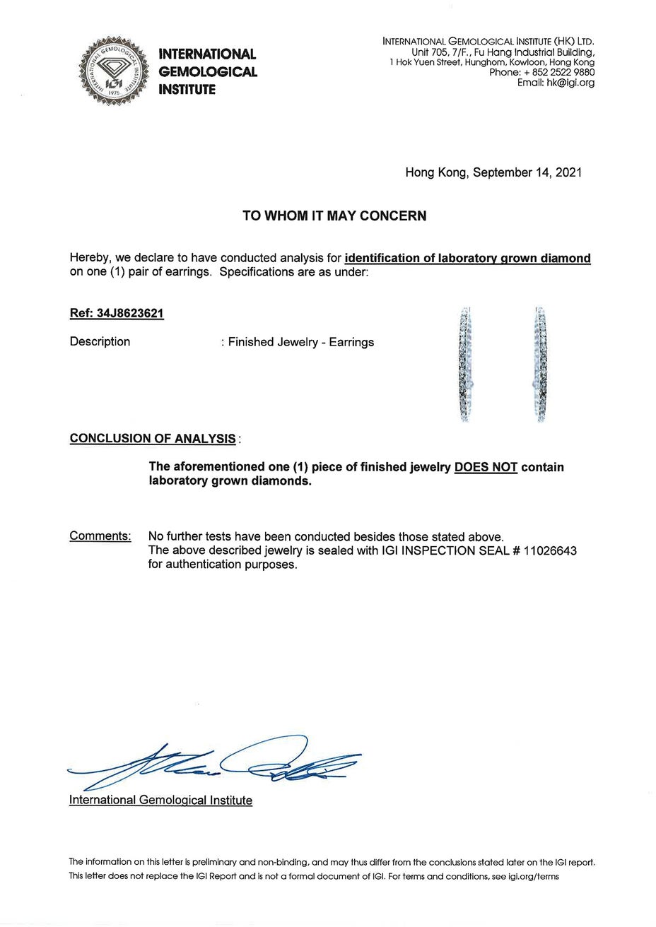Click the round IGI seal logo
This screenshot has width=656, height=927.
tap(114, 71)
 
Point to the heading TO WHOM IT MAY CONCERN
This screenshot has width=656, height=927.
tap(334, 216)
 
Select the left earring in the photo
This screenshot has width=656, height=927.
tap(465, 364)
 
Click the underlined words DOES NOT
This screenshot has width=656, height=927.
tap(486, 468)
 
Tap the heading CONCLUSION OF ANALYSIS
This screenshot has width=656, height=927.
tap(153, 439)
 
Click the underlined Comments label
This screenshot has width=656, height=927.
tap(100, 536)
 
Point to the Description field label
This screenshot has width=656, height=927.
tap(100, 342)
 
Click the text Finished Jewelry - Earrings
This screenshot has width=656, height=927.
tap(301, 343)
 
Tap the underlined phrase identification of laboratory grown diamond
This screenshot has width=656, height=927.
tap(467, 259)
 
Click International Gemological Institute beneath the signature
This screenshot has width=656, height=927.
tap(160, 801)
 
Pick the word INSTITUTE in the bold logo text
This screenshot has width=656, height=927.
tap(187, 90)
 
